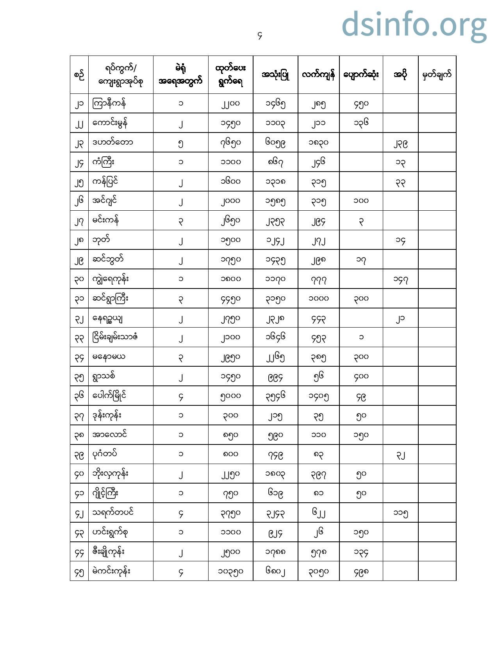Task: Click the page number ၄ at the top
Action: click(x=260, y=36)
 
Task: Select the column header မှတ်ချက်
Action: click(x=437, y=74)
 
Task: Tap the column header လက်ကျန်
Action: click(x=318, y=74)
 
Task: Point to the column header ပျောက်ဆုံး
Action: click(x=361, y=74)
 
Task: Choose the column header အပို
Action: click(x=400, y=74)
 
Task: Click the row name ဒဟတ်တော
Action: click(x=112, y=142)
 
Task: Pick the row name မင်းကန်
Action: click(x=105, y=220)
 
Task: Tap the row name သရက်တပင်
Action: click(x=113, y=512)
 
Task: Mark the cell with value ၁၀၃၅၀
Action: click(x=230, y=571)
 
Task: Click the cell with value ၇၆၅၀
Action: click(x=230, y=143)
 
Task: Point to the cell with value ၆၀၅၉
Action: click(x=275, y=143)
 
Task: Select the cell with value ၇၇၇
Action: click(x=318, y=279)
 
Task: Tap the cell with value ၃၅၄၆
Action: click(x=275, y=396)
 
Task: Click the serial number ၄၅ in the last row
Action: click(x=79, y=572)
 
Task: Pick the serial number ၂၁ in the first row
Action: click(x=79, y=104)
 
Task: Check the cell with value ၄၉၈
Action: click(x=361, y=571)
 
